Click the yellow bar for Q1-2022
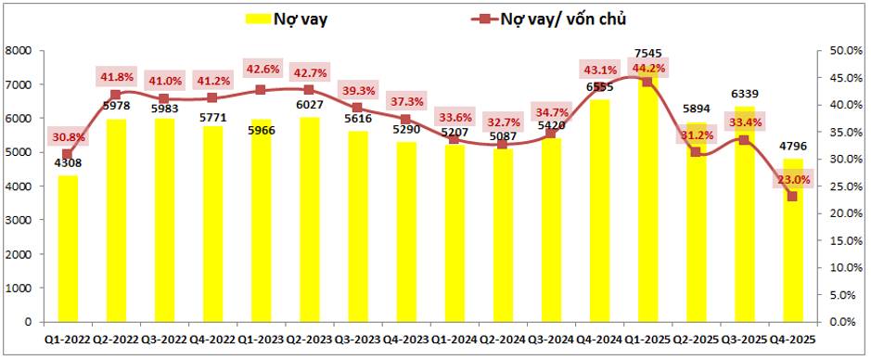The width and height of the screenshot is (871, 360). tap(68, 248)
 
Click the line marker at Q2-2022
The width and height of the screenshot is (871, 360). tap(116, 95)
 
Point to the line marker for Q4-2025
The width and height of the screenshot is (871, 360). tap(792, 197)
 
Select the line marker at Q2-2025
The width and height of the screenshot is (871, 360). tap(696, 152)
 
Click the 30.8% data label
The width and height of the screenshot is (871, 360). tap(68, 136)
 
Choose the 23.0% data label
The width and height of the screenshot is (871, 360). tap(792, 179)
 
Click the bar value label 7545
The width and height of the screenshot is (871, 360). tap(647, 53)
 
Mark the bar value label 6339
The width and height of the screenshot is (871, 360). tap(744, 94)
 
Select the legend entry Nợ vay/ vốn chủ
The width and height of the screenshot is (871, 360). tap(566, 18)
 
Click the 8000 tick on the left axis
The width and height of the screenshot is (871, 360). tap(19, 51)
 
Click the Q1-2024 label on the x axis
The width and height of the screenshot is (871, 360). tap(454, 341)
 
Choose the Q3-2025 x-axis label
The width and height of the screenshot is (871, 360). tap(744, 341)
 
